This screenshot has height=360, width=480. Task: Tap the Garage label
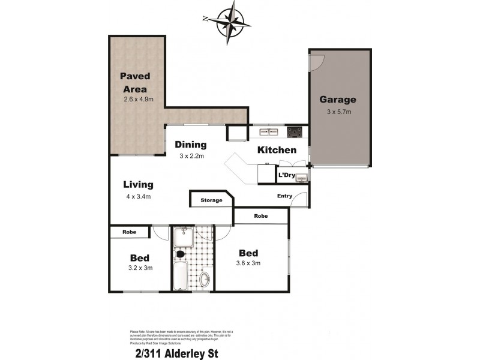337,100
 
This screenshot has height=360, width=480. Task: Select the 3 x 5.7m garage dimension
338,112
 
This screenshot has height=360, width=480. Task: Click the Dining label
191,145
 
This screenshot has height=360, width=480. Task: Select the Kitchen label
277,150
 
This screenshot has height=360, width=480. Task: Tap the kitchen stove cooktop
295,132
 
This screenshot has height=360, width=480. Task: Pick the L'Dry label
286,176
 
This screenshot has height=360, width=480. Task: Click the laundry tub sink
302,177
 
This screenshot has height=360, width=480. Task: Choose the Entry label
284,196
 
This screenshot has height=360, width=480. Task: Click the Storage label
211,200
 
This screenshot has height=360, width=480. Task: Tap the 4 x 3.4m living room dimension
139,196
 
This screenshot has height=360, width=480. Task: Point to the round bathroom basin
205,279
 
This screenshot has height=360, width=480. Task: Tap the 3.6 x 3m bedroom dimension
248,263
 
